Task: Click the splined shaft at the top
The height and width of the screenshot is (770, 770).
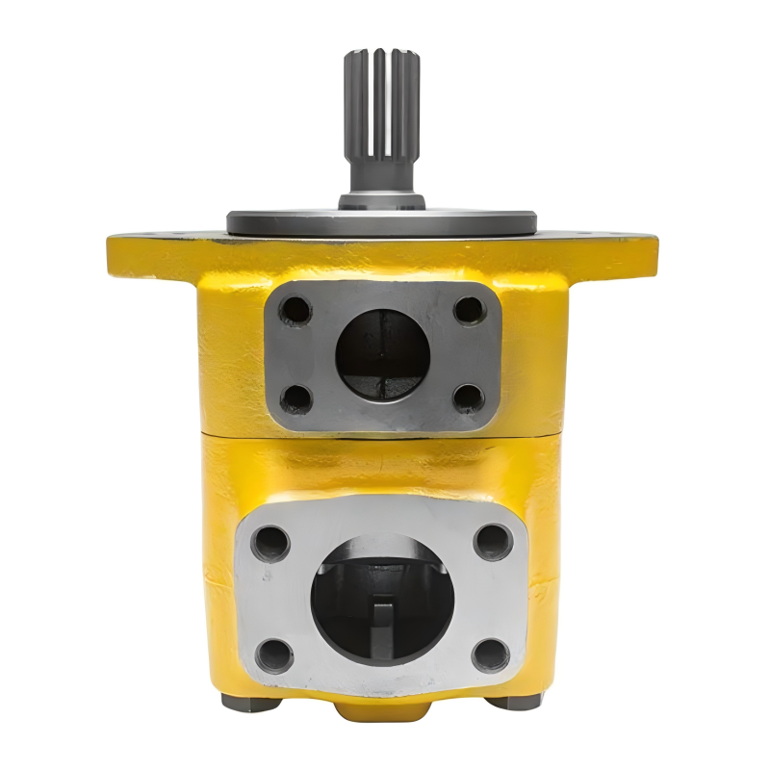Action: [x=381, y=106]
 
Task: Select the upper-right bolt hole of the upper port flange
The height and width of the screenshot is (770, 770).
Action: [x=469, y=310]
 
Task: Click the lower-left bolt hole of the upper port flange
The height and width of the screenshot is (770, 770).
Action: [x=296, y=398]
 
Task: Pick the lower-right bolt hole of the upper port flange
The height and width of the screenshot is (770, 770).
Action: [x=468, y=397]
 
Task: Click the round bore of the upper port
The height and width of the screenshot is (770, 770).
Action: [x=382, y=354]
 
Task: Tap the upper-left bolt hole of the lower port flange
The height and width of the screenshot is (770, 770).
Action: [x=270, y=542]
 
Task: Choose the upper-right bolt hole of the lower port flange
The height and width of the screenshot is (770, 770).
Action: [x=493, y=542]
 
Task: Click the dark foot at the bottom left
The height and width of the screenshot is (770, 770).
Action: [x=251, y=702]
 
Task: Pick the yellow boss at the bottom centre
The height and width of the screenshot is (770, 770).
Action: [x=382, y=710]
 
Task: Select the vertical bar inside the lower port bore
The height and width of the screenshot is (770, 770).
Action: [x=383, y=630]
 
